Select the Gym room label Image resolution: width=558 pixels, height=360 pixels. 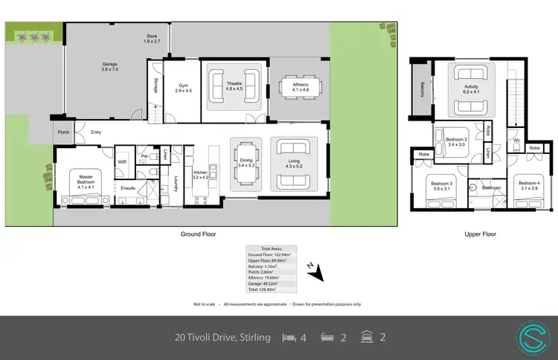pyautogui.click(x=183, y=87)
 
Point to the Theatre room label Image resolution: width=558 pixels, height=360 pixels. pyautogui.click(x=234, y=86)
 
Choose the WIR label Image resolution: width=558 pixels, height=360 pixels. pyautogui.click(x=121, y=160)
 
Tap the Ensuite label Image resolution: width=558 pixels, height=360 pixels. pyautogui.click(x=128, y=188)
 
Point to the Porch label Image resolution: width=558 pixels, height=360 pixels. pyautogui.click(x=62, y=133)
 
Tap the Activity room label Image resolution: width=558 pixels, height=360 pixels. pyautogui.click(x=471, y=89)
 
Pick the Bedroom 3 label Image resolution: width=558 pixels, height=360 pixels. pyautogui.click(x=440, y=186)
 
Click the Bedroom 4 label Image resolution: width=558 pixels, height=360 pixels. pyautogui.click(x=528, y=186)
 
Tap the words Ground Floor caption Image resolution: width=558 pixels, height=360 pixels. pyautogui.click(x=198, y=234)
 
